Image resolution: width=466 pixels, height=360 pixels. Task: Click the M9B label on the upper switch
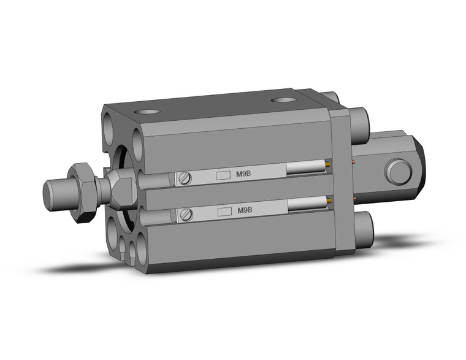[243, 174]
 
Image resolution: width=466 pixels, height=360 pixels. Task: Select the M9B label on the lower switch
[243, 210]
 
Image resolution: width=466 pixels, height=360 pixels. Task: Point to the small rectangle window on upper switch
[224, 175]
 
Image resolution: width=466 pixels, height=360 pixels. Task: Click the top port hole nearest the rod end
[147, 112]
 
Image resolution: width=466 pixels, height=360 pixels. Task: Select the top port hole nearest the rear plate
[283, 99]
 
